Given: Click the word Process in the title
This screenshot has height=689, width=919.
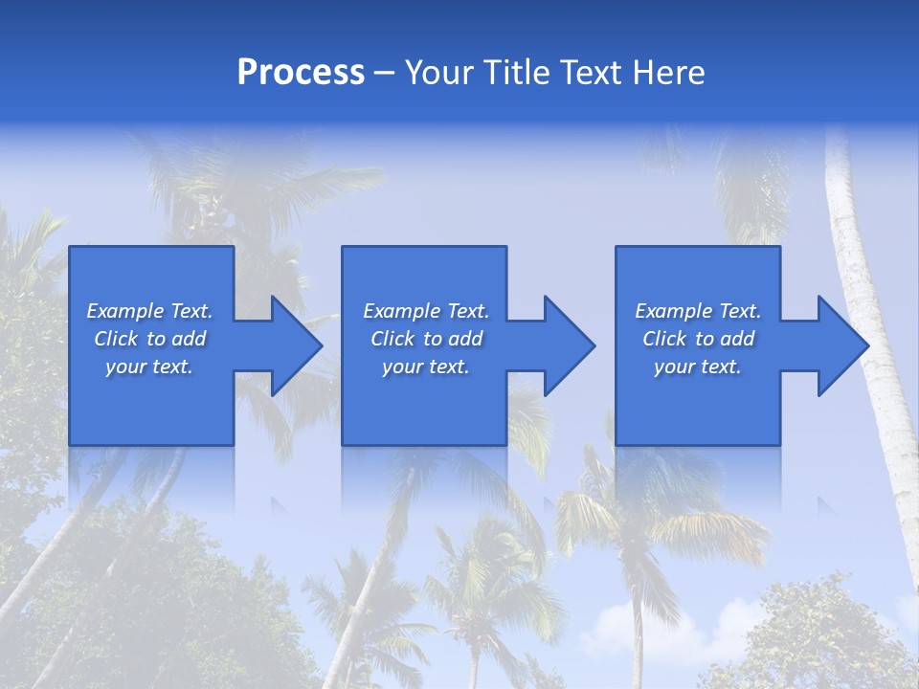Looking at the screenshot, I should coord(301,73).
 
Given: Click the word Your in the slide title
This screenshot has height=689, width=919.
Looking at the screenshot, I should coord(439,73).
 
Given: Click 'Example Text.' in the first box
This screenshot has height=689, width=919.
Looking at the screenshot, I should coord(149,311).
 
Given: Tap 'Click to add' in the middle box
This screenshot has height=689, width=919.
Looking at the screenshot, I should coord(426,339).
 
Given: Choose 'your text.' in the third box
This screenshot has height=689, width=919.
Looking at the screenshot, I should coord(698,367).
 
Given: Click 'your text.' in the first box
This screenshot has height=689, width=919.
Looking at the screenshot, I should coord(149,367).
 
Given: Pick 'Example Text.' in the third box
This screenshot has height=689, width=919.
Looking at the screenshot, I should coord(698,311).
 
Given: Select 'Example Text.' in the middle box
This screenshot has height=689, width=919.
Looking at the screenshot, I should coord(426,311).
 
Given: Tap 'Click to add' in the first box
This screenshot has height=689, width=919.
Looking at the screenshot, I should coord(149,339).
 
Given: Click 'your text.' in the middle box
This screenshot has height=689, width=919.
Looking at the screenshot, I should coord(426,367).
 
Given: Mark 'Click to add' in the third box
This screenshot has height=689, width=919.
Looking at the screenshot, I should coord(698,339).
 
